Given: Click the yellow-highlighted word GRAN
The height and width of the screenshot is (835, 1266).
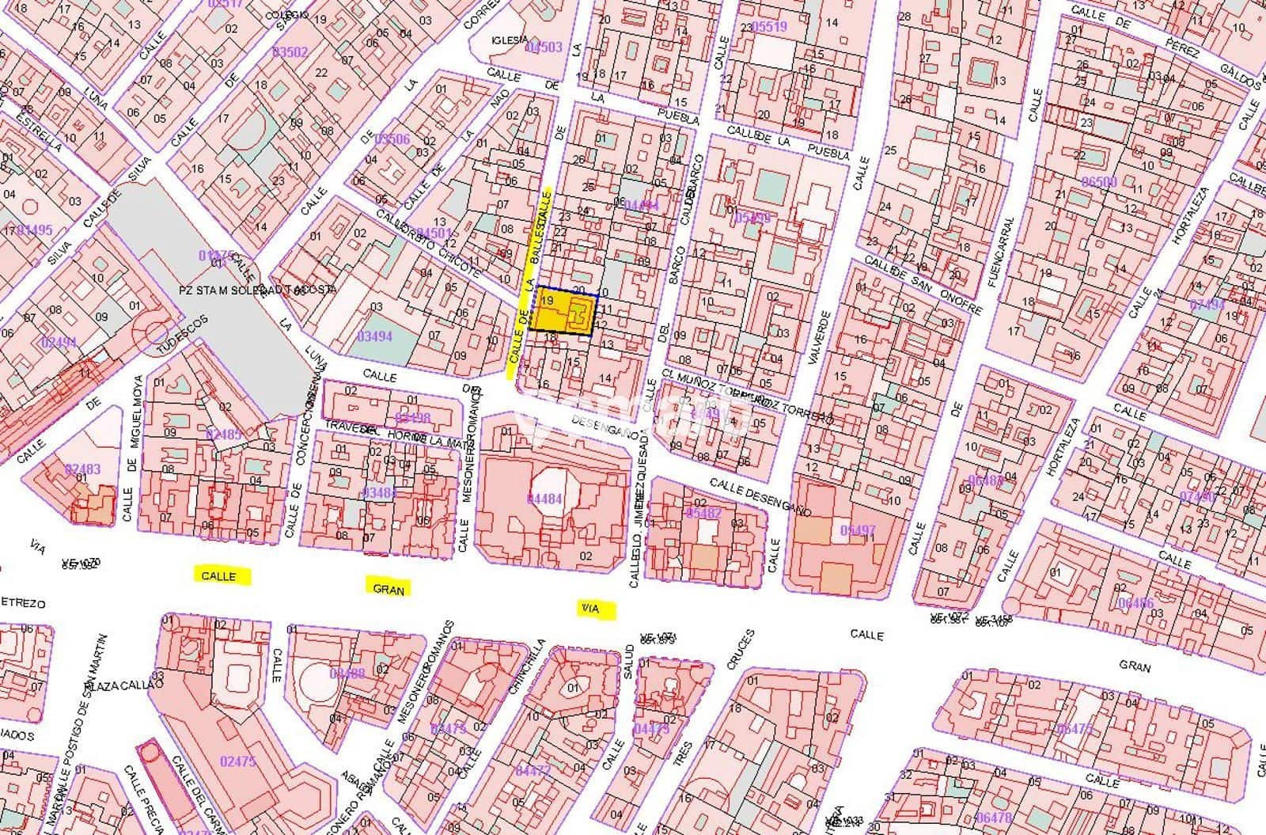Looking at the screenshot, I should (389, 588).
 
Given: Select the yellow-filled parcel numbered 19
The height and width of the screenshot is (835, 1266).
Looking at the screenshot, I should (563, 312).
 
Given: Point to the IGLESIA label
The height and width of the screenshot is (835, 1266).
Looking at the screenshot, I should (509, 40).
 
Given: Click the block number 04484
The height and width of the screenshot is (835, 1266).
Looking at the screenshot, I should (544, 498).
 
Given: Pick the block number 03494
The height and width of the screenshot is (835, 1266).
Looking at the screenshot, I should (375, 336).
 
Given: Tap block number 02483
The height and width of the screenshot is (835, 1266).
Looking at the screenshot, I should (83, 469).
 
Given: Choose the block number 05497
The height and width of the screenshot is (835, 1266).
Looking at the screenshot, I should (859, 529).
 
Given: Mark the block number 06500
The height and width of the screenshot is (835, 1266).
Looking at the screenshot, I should (1098, 181).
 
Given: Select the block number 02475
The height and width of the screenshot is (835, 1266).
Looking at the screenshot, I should (238, 761).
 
